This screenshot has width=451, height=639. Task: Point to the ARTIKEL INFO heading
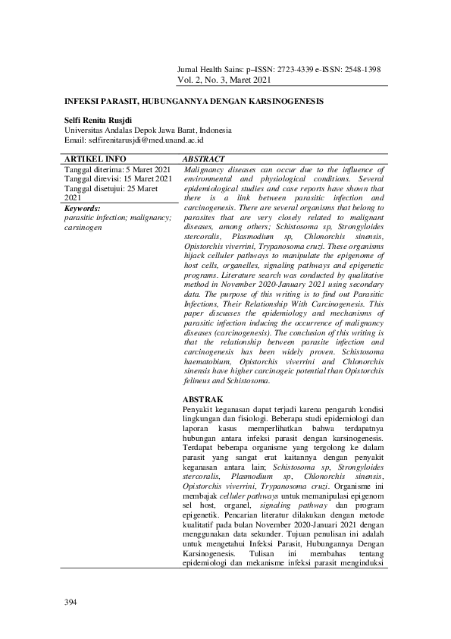[90, 159]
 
